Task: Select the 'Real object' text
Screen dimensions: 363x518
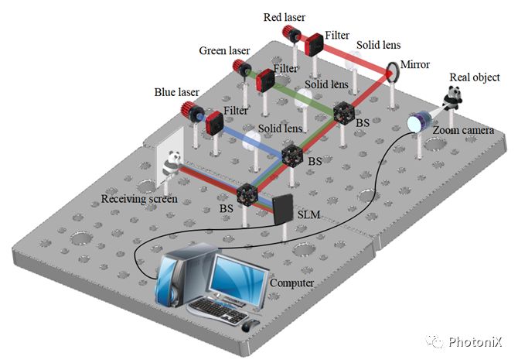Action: pos(474,77)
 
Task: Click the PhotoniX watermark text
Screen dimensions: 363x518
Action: pos(477,341)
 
